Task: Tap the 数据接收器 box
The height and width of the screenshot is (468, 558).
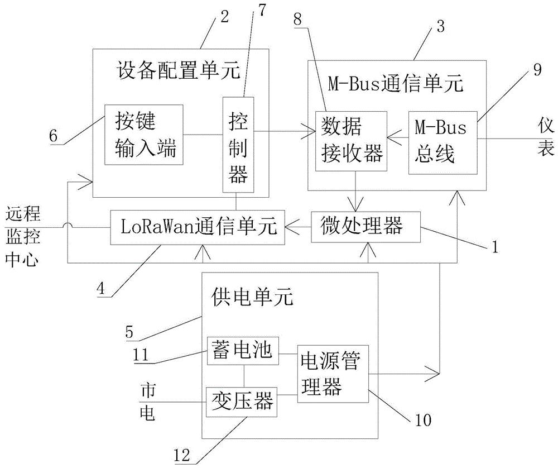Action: [350, 137]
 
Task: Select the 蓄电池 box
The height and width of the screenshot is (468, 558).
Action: [242, 350]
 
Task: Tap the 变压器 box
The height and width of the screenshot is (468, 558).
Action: [242, 399]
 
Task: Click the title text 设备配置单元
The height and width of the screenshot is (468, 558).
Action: [179, 71]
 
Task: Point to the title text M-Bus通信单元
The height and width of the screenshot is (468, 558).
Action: [396, 84]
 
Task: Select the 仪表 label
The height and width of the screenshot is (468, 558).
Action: [545, 137]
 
